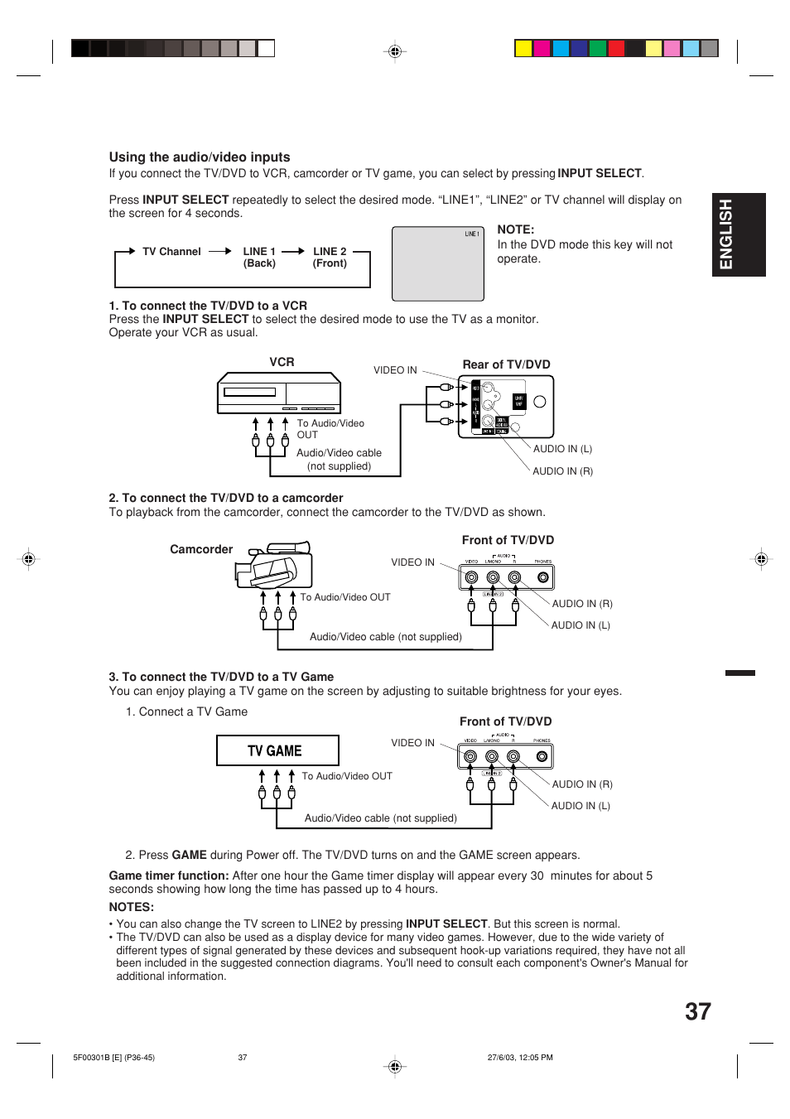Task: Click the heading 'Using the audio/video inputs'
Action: pos(199,157)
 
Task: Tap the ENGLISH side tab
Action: pos(726,234)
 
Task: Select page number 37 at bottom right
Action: pos(697,1011)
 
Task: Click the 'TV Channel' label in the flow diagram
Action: pos(171,252)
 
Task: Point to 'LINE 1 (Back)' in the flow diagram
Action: pos(259,258)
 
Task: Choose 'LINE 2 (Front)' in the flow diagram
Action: pos(330,258)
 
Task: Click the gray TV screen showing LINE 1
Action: pos(437,263)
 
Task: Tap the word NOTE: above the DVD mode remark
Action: pos(515,230)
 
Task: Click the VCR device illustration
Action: pos(279,393)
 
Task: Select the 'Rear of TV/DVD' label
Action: pos(506,364)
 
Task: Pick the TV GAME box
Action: pos(277,750)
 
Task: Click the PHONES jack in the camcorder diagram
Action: pos(543,577)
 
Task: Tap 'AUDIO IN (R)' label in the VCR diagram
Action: pos(562,471)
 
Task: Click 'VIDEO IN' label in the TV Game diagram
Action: pos(412,743)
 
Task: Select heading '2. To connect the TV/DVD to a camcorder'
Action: pos(225,498)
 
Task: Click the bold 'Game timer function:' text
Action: pos(169,875)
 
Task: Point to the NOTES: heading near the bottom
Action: pos(132,907)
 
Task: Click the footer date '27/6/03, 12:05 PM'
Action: pos(520,1058)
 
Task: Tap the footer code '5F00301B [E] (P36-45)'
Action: pos(113,1058)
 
